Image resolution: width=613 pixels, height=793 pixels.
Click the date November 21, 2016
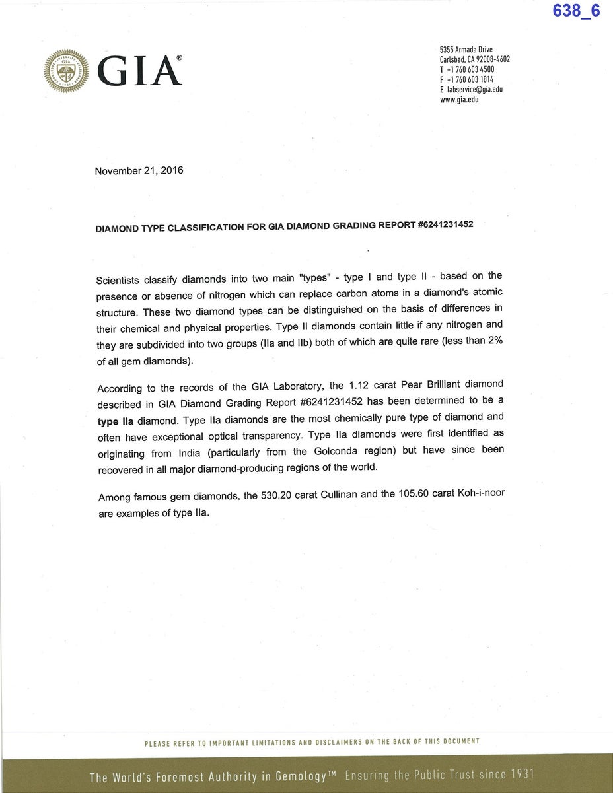(x=139, y=171)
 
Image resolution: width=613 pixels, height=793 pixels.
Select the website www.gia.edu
(x=459, y=100)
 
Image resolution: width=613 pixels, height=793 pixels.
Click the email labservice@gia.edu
(x=474, y=90)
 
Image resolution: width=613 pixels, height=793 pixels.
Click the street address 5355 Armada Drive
(x=466, y=50)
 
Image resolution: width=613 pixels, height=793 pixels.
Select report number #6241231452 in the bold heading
(x=446, y=224)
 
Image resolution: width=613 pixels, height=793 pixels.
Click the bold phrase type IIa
(x=116, y=421)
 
